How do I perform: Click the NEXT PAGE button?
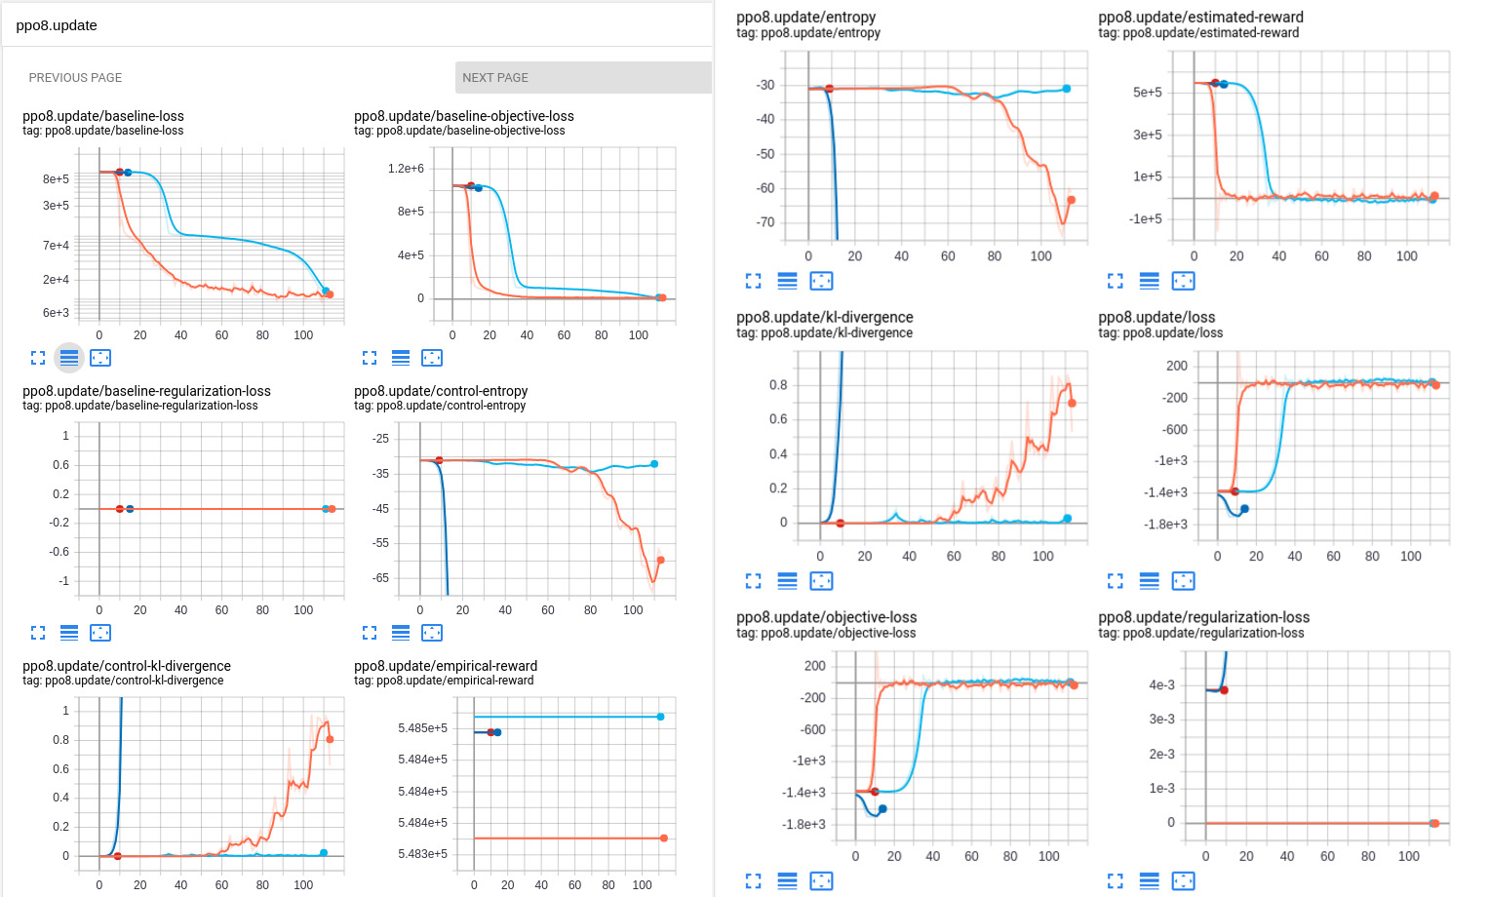582,78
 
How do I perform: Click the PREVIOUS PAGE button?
75,78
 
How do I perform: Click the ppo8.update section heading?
57,25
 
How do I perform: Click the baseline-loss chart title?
103,116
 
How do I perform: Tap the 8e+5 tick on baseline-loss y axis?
56,179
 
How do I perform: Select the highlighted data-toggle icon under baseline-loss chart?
69,358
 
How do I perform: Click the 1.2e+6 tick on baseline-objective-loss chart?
406,169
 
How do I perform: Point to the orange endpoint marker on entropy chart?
1071,200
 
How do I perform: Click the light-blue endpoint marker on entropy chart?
1066,89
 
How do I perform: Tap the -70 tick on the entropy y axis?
765,222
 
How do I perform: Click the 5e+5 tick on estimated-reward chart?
1147,93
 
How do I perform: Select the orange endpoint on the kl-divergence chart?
1072,403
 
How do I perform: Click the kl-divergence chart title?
825,317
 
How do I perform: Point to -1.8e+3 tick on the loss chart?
1165,525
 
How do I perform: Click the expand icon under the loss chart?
1116,581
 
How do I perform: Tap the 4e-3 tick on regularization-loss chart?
1161,685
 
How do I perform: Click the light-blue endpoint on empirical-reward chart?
660,717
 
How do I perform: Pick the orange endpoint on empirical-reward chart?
664,838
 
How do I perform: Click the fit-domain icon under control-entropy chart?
432,633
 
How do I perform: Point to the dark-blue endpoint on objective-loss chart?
882,809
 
